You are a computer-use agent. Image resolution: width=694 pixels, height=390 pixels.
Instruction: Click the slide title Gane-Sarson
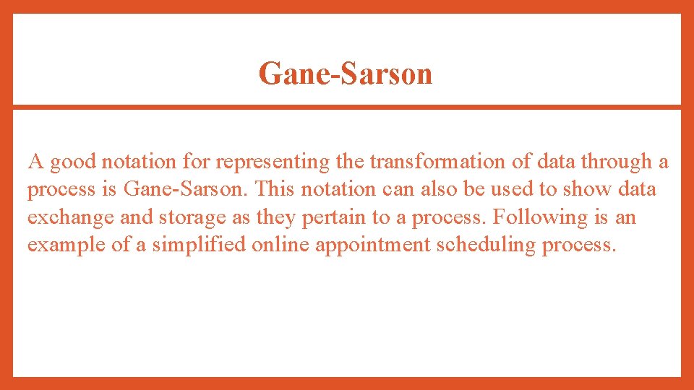pos(346,73)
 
